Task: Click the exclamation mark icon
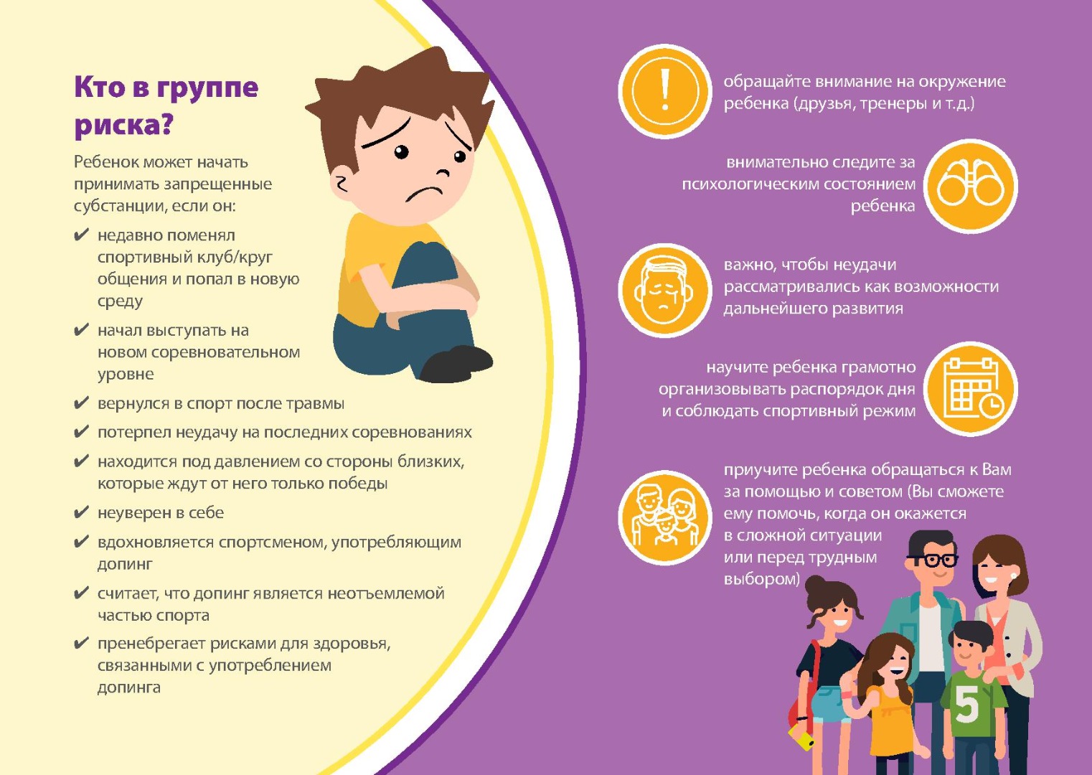click(665, 91)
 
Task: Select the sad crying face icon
click(665, 290)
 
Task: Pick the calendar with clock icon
click(970, 389)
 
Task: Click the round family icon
click(665, 517)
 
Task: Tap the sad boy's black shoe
click(456, 364)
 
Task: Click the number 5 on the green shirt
click(967, 704)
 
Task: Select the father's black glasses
click(931, 560)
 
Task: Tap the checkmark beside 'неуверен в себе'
click(81, 512)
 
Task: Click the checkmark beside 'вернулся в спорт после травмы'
click(81, 403)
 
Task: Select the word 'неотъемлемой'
click(385, 593)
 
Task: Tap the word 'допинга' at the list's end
click(128, 687)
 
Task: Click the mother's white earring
click(1014, 576)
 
